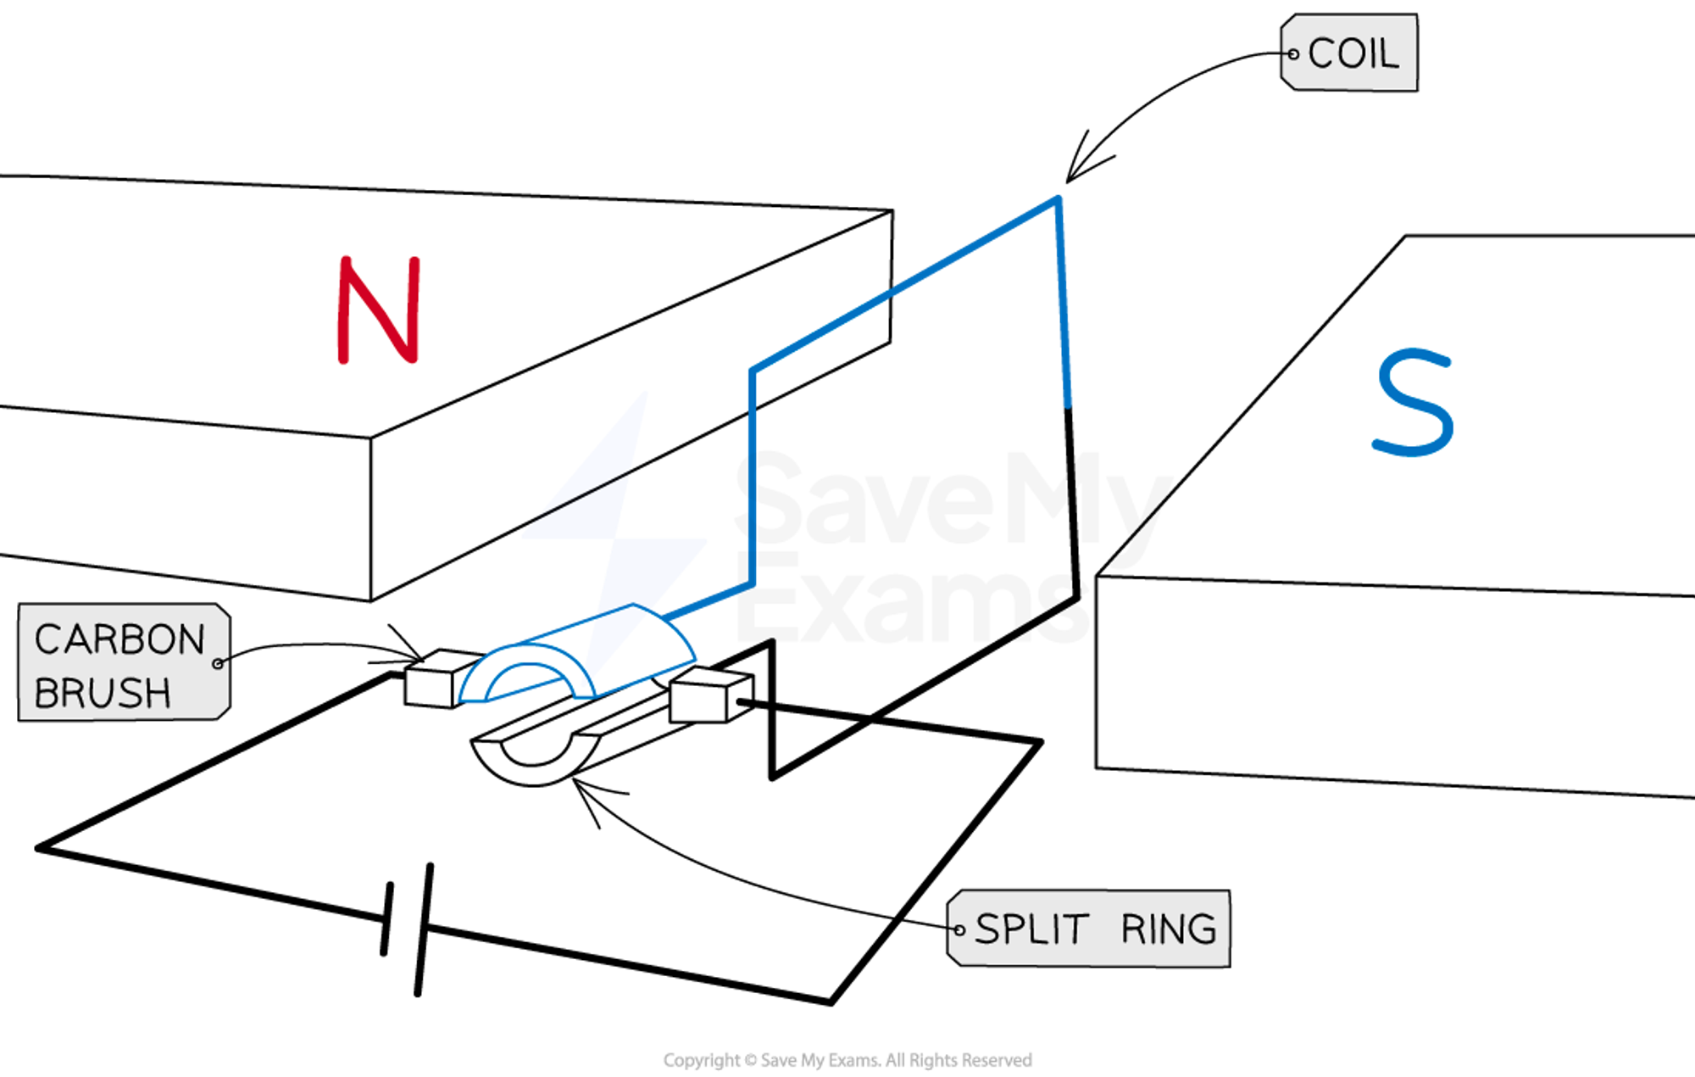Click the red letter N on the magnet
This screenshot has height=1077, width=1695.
pos(379,310)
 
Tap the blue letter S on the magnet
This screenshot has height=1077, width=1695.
pos(1414,402)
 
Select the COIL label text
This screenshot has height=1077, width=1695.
pos(1353,54)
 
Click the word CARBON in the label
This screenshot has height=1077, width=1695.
pos(119,640)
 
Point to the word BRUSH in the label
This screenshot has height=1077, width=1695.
pos(103,694)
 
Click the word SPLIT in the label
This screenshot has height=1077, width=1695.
pos(1031,929)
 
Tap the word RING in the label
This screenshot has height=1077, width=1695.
pos(1169,929)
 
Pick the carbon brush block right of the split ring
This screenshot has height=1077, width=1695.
pos(708,695)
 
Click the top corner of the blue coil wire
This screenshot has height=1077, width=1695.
pos(1058,200)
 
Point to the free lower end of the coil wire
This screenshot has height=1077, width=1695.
pos(1068,402)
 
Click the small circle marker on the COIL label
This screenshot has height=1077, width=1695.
pos(1293,54)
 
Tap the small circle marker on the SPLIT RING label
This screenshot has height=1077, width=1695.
pos(959,930)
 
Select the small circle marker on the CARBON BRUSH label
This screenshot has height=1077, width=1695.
pos(219,663)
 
